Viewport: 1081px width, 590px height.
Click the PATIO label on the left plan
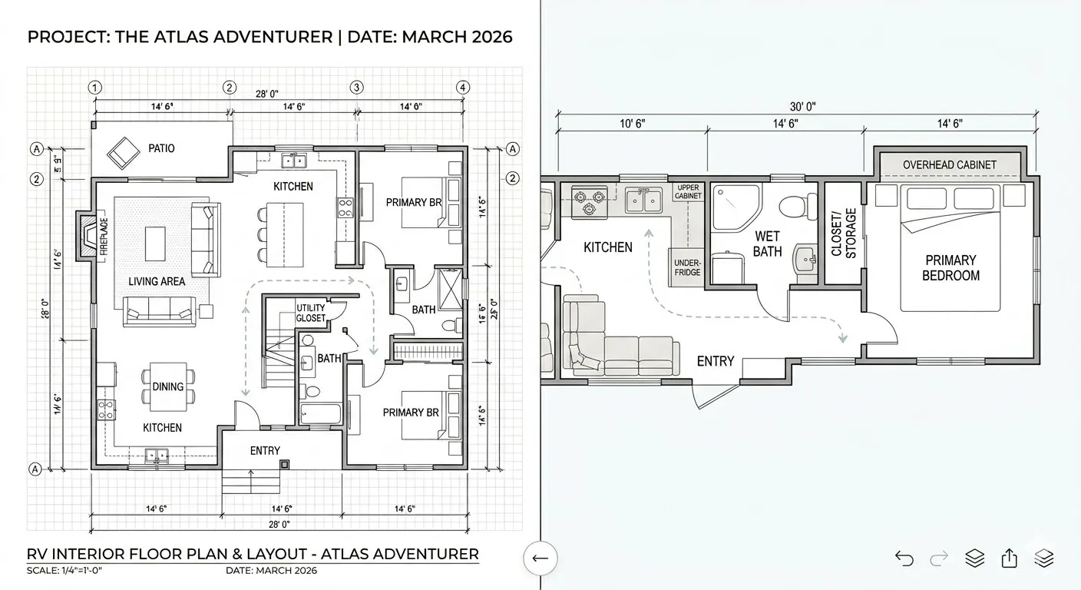[x=160, y=147]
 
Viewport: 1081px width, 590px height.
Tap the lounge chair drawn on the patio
[x=121, y=152]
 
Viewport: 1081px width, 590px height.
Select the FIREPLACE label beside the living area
[x=103, y=236]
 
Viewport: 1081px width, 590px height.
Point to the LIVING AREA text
[x=157, y=281]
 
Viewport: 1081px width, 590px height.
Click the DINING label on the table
[x=167, y=386]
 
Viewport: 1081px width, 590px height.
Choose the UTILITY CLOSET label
[x=311, y=313]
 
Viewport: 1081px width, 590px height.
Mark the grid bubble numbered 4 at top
[x=462, y=88]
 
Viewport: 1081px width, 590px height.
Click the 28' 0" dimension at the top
[x=266, y=94]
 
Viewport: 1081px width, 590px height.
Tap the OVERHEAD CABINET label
[x=949, y=164]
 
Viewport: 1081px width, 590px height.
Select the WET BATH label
[x=767, y=244]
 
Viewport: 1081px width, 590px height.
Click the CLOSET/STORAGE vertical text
[x=844, y=233]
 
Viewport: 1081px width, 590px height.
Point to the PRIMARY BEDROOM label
[x=950, y=268]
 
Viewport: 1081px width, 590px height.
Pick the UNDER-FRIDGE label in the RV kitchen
[x=687, y=267]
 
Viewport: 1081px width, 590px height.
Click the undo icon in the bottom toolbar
[x=904, y=559]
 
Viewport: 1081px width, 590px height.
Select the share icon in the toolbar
[x=1010, y=559]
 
